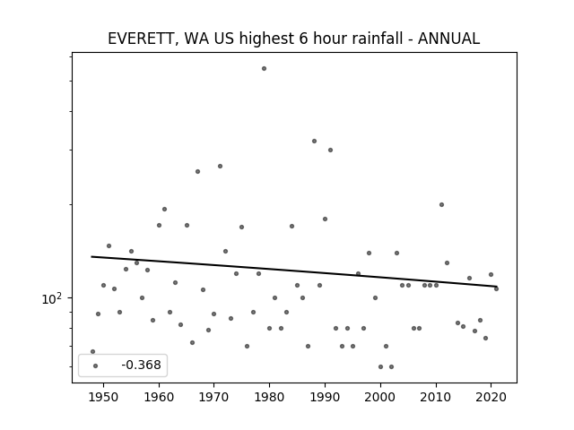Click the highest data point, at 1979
[264, 69]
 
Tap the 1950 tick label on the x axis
[104, 397]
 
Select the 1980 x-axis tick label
[269, 397]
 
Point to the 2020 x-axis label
[491, 397]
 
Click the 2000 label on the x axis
[380, 397]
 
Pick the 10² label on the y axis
[52, 298]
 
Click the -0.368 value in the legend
[141, 365]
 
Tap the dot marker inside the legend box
[96, 365]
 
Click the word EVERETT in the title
[140, 39]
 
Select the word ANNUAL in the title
[448, 39]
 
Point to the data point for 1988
[314, 142]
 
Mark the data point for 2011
[441, 205]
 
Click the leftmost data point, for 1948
[92, 352]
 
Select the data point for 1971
[220, 167]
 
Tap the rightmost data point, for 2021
[496, 288]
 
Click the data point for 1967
[197, 171]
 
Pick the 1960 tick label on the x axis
[159, 397]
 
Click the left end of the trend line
[91, 257]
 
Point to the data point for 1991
[330, 150]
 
